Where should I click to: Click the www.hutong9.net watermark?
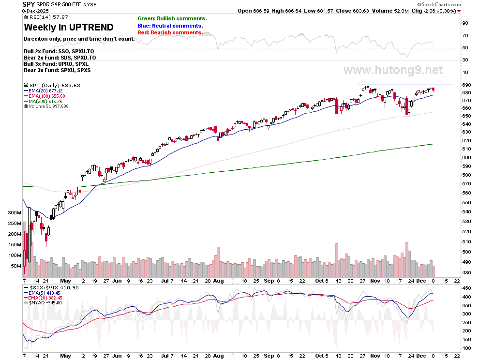click(x=393, y=70)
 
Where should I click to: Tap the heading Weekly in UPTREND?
click(x=69, y=28)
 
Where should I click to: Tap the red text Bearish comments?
click(x=170, y=32)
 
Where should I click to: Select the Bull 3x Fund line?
click(x=56, y=64)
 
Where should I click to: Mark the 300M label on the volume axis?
click(x=15, y=212)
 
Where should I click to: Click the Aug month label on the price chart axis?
click(x=218, y=281)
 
